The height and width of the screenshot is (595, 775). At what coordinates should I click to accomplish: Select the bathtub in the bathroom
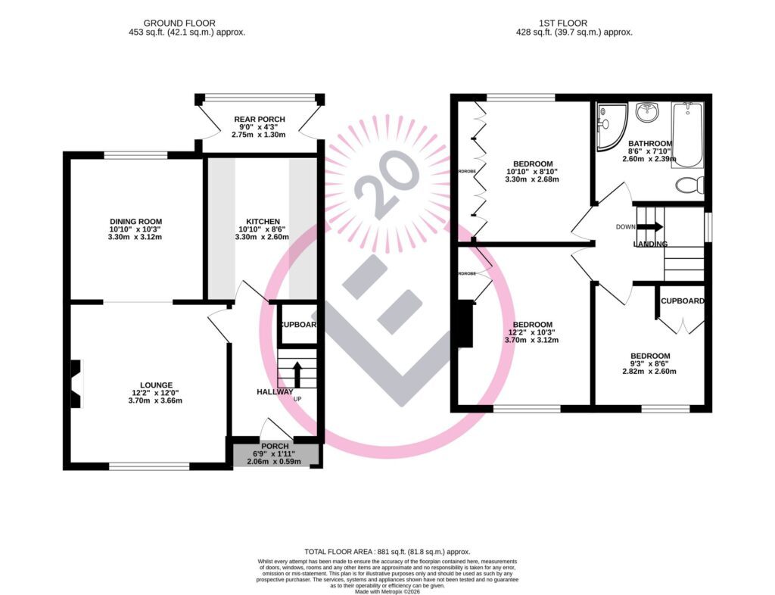687,135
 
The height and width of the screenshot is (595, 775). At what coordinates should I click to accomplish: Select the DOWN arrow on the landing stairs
649,226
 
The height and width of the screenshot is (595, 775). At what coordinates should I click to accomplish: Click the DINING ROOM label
135,221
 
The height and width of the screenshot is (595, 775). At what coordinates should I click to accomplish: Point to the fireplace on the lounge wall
75,384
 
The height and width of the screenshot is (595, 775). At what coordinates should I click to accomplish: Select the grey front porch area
276,455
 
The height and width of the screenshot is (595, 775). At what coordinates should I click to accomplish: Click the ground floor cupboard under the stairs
297,325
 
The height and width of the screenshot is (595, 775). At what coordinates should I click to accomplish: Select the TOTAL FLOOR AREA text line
387,552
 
